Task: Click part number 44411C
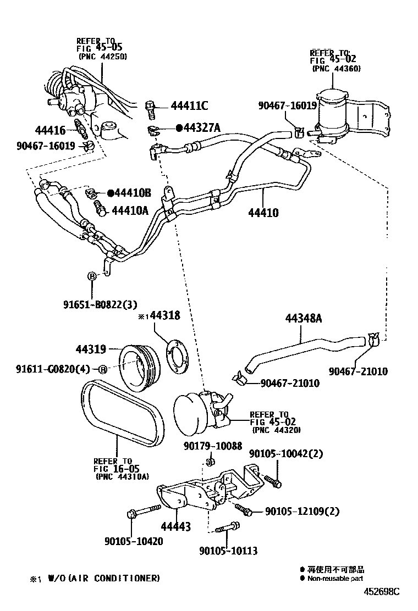pyautogui.click(x=189, y=105)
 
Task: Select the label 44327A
pyautogui.click(x=201, y=128)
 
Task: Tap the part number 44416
pyautogui.click(x=50, y=131)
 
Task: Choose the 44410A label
pyautogui.click(x=131, y=210)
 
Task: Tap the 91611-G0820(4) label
pyautogui.click(x=51, y=369)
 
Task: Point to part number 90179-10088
pyautogui.click(x=212, y=446)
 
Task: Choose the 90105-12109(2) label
pyautogui.click(x=302, y=512)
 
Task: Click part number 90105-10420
pyautogui.click(x=134, y=541)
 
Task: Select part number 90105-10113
pyautogui.click(x=228, y=551)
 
